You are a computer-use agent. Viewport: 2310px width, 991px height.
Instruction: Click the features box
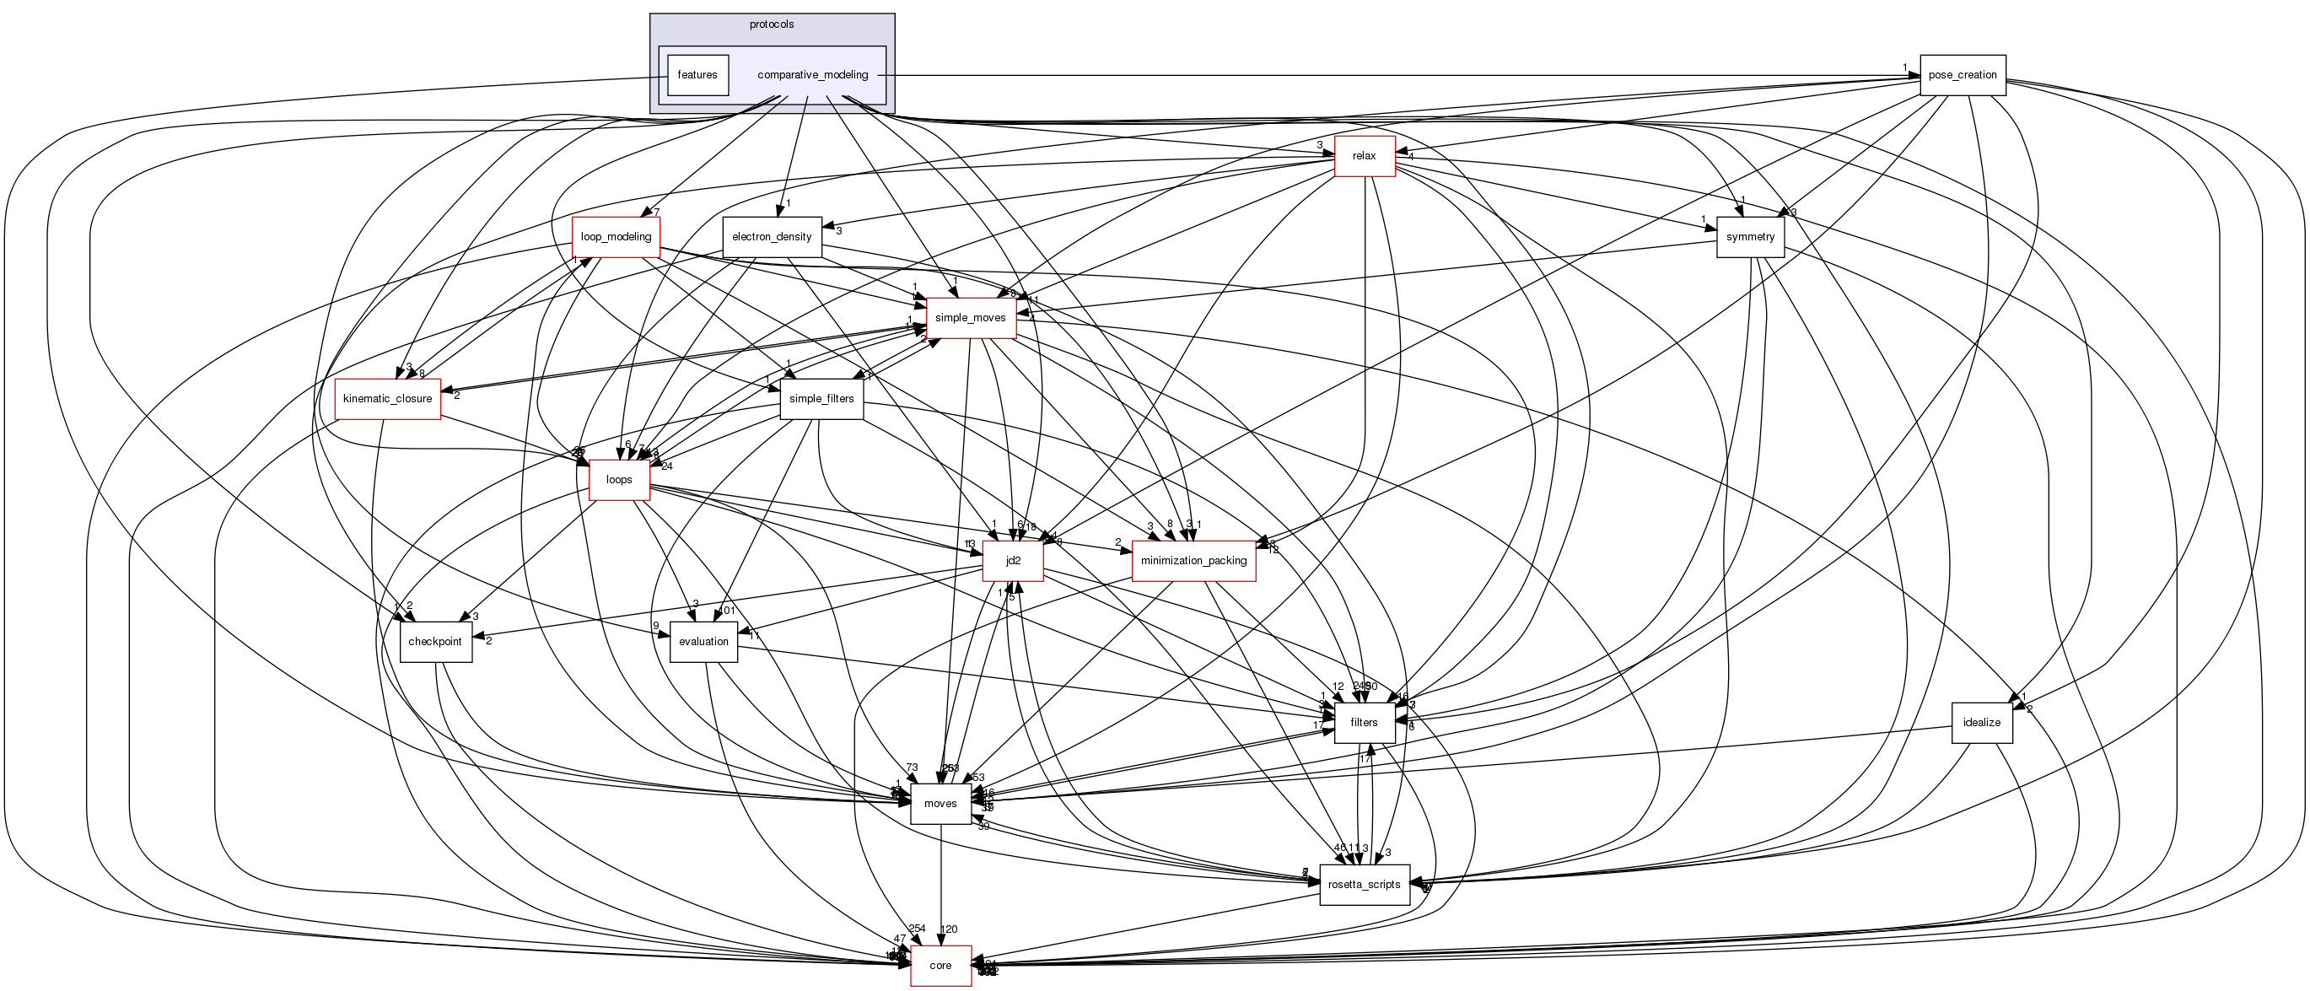click(x=697, y=74)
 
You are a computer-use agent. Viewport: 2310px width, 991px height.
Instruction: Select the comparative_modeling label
click(x=812, y=74)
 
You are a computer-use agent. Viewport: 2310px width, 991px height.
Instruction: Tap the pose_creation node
click(x=1962, y=74)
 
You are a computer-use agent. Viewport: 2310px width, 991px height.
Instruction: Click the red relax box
click(x=1364, y=156)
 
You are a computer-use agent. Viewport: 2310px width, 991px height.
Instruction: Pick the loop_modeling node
click(x=616, y=237)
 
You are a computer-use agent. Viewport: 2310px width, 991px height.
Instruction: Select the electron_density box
click(x=771, y=237)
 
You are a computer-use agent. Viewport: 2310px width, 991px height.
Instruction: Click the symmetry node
click(x=1749, y=237)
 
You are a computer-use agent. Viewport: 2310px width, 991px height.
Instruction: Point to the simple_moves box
click(x=970, y=317)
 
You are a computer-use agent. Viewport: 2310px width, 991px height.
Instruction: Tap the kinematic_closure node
click(x=387, y=398)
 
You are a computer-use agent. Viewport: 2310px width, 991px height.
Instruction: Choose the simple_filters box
click(x=821, y=398)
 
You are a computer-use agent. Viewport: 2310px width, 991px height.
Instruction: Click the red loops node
click(x=619, y=479)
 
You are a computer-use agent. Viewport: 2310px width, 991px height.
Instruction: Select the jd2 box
click(x=1012, y=561)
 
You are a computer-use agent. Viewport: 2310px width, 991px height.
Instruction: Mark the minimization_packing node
click(x=1193, y=561)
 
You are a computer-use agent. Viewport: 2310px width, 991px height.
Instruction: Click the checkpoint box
click(x=435, y=641)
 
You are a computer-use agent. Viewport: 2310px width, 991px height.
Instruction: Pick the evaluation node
click(x=703, y=641)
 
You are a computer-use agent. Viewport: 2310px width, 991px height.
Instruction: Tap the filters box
click(x=1364, y=722)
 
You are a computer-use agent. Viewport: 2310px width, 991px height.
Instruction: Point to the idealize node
click(x=1981, y=722)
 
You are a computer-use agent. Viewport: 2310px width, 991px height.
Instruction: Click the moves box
click(x=940, y=804)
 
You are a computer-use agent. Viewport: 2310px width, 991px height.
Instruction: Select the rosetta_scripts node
click(x=1364, y=884)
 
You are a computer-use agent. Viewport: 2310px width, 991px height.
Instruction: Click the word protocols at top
click(x=771, y=24)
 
